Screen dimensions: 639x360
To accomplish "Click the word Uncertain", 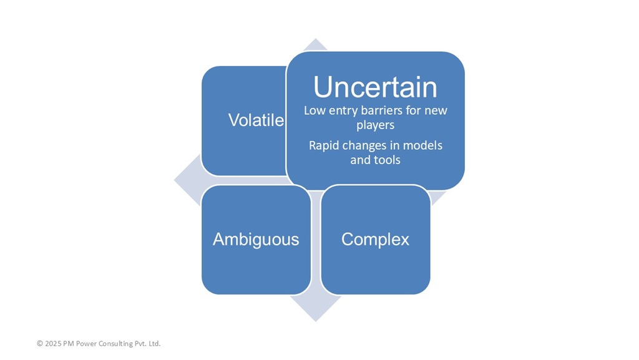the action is pyautogui.click(x=375, y=87).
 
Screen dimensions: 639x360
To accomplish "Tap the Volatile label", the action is pyautogui.click(x=256, y=120).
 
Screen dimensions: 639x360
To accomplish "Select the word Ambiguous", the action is pyautogui.click(x=256, y=239).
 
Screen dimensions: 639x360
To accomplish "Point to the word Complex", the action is pyautogui.click(x=375, y=239).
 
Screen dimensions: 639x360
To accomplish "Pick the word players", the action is pyautogui.click(x=375, y=125).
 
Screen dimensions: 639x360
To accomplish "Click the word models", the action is pyautogui.click(x=422, y=145).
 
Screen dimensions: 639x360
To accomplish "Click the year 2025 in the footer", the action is pyautogui.click(x=52, y=343).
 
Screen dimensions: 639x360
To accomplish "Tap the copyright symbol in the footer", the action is pyautogui.click(x=40, y=343).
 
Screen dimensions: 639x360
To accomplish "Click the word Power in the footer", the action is pyautogui.click(x=86, y=343).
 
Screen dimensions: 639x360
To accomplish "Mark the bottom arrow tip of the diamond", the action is pyautogui.click(x=315, y=321).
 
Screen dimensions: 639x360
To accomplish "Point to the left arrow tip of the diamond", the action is pyautogui.click(x=175, y=180).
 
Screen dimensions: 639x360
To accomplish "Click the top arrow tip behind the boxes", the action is pyautogui.click(x=315, y=39).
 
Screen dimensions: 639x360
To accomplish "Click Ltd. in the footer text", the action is pyautogui.click(x=155, y=343).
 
